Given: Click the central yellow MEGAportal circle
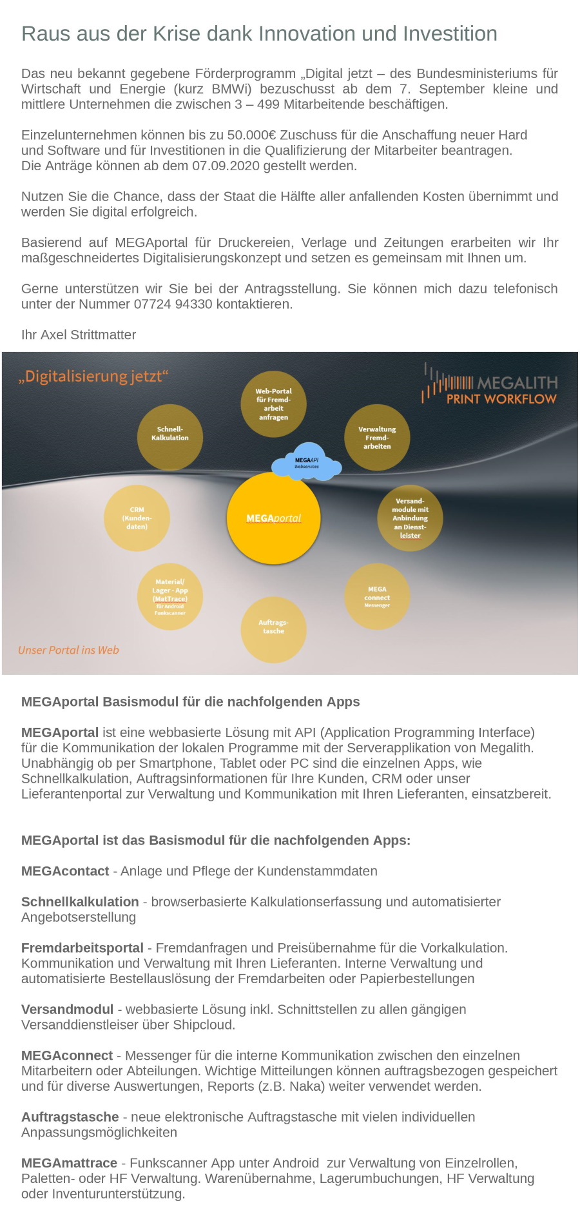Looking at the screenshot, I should [x=273, y=518].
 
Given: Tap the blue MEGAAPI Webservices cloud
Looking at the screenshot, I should [x=307, y=462].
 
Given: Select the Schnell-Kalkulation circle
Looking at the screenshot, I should [x=170, y=436].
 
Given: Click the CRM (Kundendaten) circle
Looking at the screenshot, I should [x=137, y=518].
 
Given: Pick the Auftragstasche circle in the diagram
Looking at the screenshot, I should [x=273, y=629].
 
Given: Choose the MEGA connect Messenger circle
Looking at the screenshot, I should [x=377, y=596].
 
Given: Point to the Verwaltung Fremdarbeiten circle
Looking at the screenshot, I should [x=377, y=437].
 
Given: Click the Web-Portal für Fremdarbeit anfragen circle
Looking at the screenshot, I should [x=273, y=404].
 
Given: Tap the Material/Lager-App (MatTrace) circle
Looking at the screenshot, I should [x=170, y=597].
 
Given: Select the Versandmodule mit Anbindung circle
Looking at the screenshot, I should [x=410, y=518].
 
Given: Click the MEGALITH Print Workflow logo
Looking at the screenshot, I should [x=491, y=387].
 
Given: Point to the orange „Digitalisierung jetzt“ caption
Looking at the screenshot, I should [x=93, y=376].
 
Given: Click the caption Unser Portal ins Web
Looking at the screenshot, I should [x=68, y=650].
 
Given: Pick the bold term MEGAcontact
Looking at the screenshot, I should [x=65, y=871].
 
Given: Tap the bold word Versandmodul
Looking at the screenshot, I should [x=67, y=1009].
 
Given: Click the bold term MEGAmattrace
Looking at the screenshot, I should [x=69, y=1162].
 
